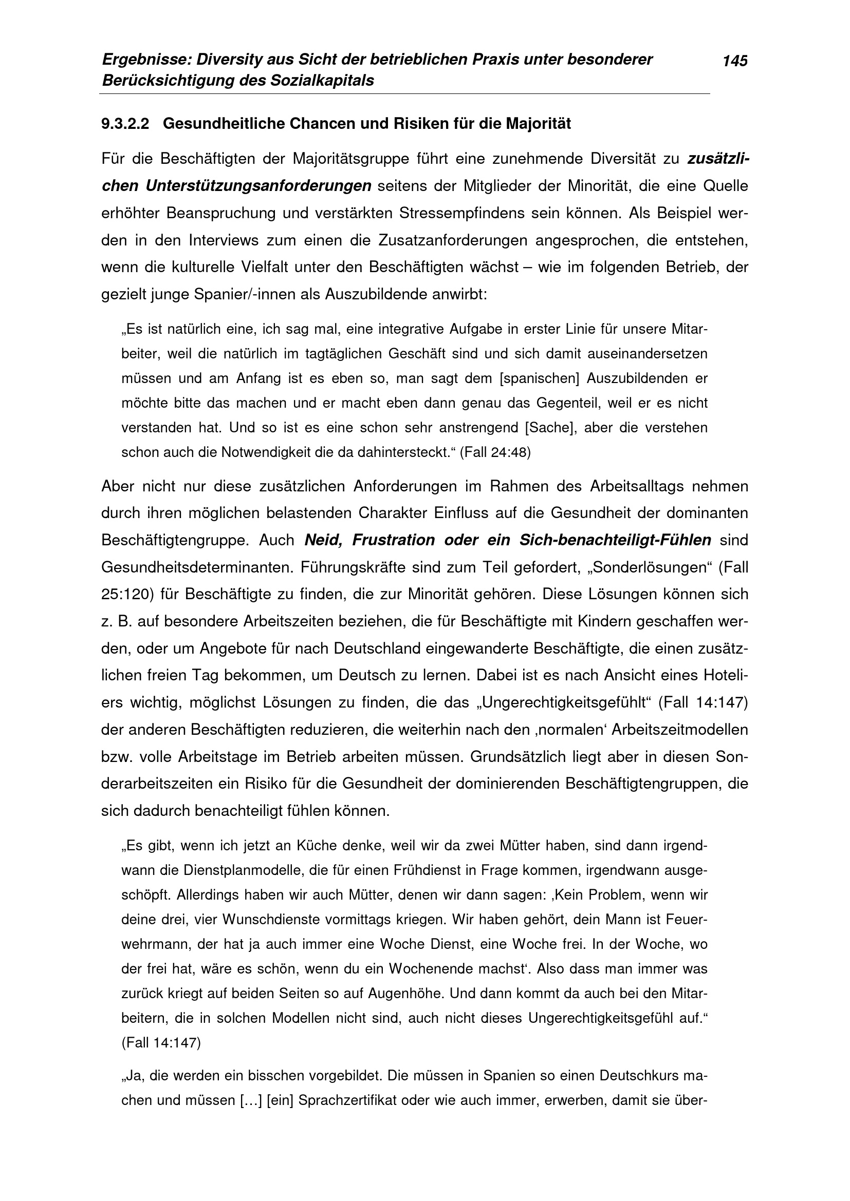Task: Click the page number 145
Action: [x=735, y=61]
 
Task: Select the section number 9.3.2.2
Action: [x=125, y=124]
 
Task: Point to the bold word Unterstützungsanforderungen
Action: [x=258, y=186]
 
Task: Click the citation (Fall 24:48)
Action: [x=495, y=452]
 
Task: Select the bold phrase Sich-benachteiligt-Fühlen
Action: [x=615, y=540]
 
